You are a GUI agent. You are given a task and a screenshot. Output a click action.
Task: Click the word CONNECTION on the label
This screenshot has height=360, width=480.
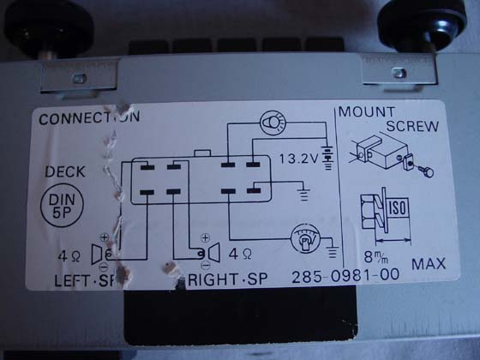89,118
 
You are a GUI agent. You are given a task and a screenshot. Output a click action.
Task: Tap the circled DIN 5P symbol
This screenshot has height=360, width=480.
62,206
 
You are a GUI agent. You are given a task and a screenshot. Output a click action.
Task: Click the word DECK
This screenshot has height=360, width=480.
65,171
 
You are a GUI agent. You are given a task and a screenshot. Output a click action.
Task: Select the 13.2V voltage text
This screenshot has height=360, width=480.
299,159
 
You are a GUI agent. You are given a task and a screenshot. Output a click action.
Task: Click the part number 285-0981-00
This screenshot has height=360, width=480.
345,275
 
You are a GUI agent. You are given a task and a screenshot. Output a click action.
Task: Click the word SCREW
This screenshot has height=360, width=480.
412,126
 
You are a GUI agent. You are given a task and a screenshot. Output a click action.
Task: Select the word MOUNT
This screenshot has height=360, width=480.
367,112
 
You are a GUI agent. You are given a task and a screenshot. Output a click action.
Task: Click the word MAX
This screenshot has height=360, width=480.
429,264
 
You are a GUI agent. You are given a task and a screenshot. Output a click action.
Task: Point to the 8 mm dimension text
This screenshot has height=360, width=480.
376,257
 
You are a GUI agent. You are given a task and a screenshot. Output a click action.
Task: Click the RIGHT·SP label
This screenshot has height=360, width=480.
227,279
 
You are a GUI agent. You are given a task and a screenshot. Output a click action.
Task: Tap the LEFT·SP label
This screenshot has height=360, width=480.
85,280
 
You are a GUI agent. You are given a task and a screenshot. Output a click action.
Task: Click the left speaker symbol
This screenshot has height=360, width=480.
101,254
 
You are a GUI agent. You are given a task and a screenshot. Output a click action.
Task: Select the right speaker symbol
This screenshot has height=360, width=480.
211,253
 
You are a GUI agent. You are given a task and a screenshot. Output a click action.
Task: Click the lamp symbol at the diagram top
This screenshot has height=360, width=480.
273,123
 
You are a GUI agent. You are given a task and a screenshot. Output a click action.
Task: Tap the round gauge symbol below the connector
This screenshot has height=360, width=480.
305,238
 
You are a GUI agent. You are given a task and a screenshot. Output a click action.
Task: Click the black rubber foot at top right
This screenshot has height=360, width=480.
422,22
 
